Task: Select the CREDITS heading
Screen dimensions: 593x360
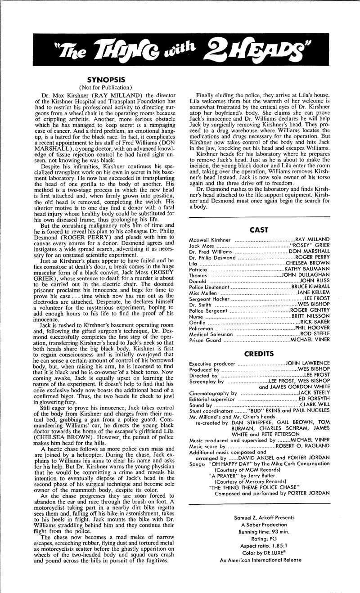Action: [x=259, y=353]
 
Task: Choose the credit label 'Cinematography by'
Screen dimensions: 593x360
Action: [x=213, y=393]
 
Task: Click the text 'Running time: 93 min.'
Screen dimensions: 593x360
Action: [x=259, y=531]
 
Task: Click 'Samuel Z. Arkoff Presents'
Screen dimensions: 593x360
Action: [x=259, y=517]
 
